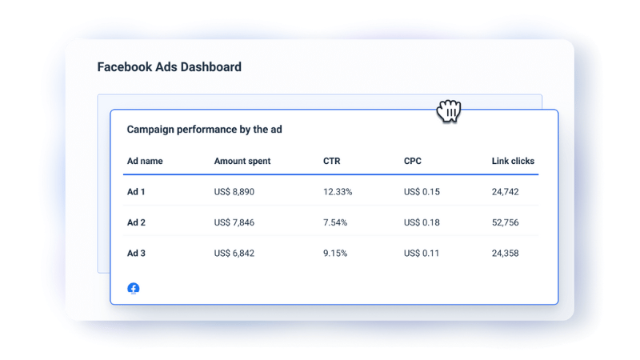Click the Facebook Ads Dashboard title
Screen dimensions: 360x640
coord(169,67)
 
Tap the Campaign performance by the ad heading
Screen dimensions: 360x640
coord(204,129)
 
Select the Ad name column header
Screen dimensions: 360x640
coord(145,161)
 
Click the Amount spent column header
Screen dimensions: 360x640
coord(242,161)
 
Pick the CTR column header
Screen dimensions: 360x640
coord(331,161)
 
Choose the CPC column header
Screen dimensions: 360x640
coord(413,161)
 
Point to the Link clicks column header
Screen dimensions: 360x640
coord(513,161)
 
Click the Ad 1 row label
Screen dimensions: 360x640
coord(136,192)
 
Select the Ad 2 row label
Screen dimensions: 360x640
coord(136,222)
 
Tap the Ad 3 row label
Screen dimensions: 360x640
coord(136,253)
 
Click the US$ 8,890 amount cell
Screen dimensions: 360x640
coord(234,192)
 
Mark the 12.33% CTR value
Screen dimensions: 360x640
coord(338,192)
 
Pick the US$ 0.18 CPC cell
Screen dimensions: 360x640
coord(422,222)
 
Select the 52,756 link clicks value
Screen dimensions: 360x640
coord(506,222)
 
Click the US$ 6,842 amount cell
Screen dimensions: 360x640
coord(234,253)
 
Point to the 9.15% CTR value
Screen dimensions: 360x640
coord(335,253)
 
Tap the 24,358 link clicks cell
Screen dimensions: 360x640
coord(506,253)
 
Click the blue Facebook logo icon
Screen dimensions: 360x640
coord(134,288)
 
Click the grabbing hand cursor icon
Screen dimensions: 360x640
coord(450,111)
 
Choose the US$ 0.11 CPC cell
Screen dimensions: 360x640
coord(422,253)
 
